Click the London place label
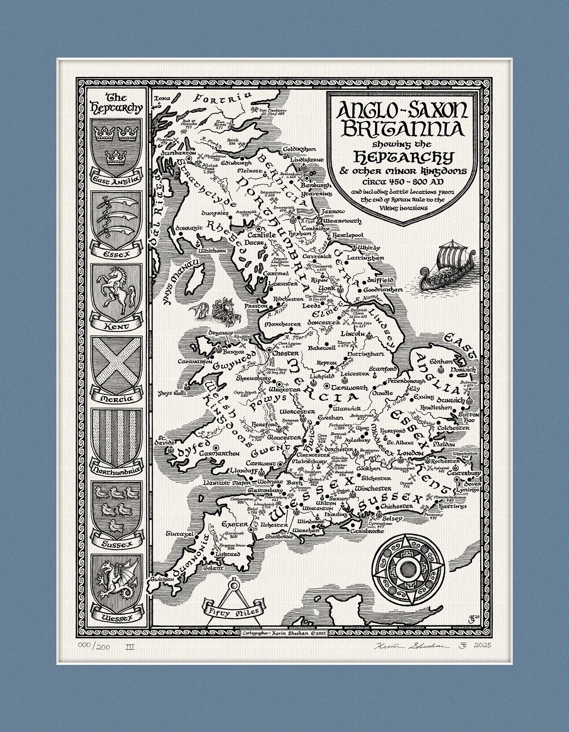409,452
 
